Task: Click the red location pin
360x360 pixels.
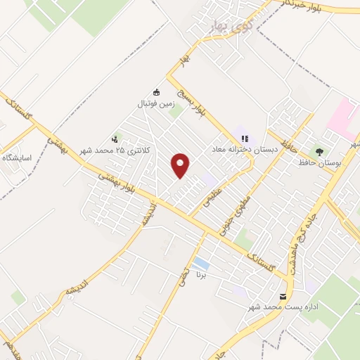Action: [x=181, y=165]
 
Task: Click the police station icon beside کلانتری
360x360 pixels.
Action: [x=115, y=139]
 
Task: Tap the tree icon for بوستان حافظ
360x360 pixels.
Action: [x=320, y=150]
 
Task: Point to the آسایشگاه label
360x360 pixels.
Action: [x=18, y=157]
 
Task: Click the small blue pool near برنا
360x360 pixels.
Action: [x=200, y=264]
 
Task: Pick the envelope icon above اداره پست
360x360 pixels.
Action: [x=283, y=297]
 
